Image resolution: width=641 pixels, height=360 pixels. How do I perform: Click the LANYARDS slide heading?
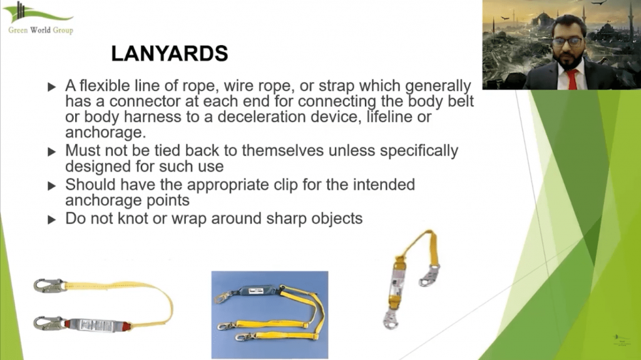point(170,54)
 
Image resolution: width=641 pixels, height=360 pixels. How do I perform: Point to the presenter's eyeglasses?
point(567,42)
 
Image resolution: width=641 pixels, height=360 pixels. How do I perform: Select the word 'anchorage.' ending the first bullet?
point(105,133)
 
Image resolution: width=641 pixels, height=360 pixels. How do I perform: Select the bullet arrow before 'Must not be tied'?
point(52,152)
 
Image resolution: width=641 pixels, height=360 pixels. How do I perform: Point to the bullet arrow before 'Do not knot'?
point(52,220)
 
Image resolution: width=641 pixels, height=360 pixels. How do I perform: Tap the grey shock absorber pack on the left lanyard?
point(97,326)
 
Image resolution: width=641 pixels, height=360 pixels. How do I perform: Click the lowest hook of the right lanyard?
point(391,319)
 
